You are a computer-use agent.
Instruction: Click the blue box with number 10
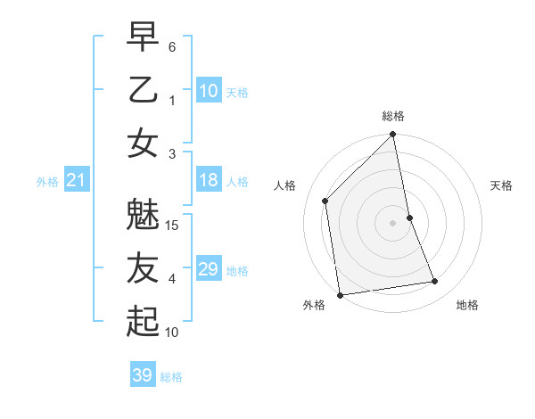(x=208, y=90)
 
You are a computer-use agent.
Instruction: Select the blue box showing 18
(x=208, y=180)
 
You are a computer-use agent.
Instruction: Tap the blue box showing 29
(x=208, y=269)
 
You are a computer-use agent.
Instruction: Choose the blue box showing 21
(x=76, y=181)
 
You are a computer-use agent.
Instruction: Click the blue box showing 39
(x=142, y=375)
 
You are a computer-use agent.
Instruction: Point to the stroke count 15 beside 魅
(x=173, y=225)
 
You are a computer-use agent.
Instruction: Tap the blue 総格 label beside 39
(x=171, y=377)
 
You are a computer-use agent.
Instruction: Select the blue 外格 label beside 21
(x=47, y=182)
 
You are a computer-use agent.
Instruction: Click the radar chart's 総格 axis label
(x=392, y=116)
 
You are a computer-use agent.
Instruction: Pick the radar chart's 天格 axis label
(x=502, y=185)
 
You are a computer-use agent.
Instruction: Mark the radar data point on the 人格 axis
(x=325, y=201)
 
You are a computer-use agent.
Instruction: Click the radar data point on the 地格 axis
(x=435, y=282)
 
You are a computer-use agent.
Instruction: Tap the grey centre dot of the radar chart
(x=392, y=223)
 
